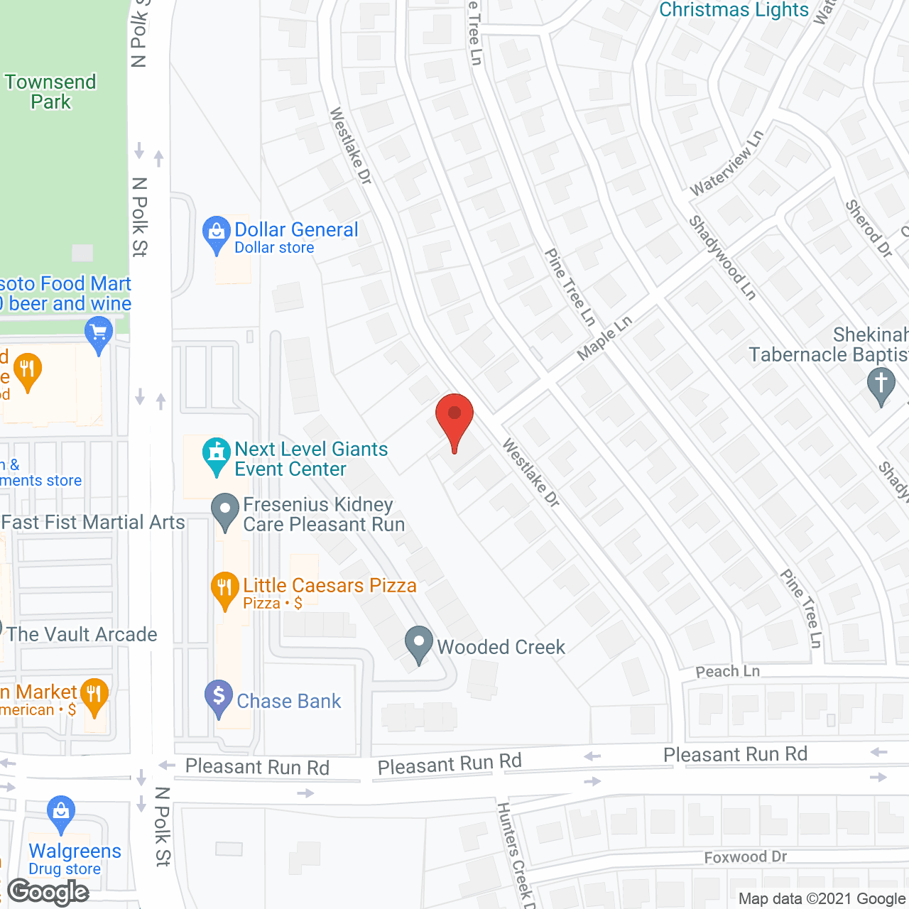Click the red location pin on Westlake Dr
pos(454,419)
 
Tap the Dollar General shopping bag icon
pos(216,232)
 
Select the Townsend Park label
pos(50,92)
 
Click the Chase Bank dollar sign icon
pos(219,697)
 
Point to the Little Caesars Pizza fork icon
pos(224,589)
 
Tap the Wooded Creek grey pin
pos(419,643)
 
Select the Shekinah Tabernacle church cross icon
pos(881,384)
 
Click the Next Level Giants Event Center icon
pos(216,454)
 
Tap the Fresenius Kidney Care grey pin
pos(226,511)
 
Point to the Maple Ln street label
pos(604,338)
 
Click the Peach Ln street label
pos(727,671)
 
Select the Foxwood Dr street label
pos(745,857)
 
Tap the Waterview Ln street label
pos(726,163)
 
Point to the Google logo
pos(48,892)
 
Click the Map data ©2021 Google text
pos(822,899)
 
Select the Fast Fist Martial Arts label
pos(93,523)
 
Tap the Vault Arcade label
pos(82,634)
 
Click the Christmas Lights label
pos(734,10)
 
